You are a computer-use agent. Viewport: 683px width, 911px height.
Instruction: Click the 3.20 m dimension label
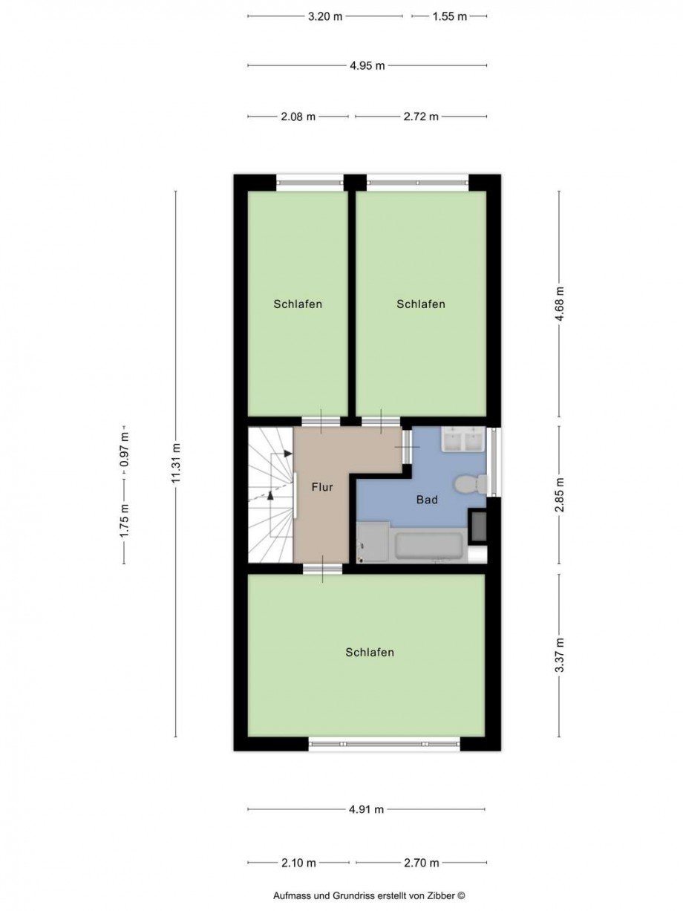click(325, 16)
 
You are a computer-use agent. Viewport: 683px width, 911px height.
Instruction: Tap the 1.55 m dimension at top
click(449, 16)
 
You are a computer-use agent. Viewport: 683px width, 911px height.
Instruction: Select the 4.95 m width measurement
click(367, 65)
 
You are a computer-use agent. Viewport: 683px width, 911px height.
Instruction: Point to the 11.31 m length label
click(176, 463)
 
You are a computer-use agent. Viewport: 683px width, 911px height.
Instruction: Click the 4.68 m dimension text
click(560, 304)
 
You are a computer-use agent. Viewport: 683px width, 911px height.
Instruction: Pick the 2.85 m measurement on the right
click(560, 495)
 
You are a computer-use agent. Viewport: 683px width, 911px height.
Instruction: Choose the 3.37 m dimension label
click(560, 655)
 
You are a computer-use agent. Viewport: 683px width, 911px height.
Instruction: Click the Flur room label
click(322, 487)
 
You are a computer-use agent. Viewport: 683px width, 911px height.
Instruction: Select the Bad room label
click(427, 500)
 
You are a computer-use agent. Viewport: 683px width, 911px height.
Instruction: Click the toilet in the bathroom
click(471, 484)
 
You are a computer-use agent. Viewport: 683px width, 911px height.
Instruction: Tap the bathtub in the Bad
click(428, 546)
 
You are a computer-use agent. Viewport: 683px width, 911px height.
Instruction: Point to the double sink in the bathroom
click(463, 439)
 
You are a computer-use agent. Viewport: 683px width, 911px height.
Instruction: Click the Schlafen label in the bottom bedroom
click(370, 653)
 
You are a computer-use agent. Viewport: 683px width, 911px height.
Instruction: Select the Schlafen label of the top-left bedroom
click(298, 304)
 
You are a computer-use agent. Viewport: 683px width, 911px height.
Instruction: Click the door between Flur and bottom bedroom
click(323, 569)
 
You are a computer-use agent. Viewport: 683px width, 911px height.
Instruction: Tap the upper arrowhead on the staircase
click(288, 454)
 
